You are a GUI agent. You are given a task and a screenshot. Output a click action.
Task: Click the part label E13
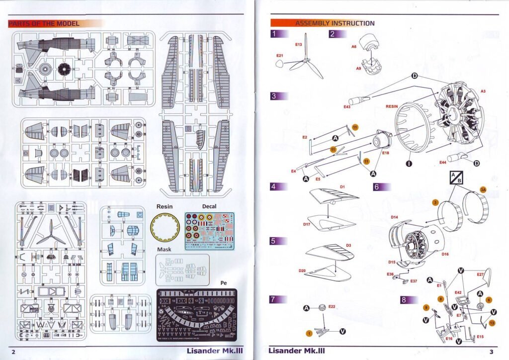coord(298,45)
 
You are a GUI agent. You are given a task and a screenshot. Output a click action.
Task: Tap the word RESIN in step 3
coord(394,106)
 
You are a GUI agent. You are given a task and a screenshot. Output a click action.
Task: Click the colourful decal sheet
coord(209,230)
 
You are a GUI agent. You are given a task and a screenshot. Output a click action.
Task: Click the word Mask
coord(164,250)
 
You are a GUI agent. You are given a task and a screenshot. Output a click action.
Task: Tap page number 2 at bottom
coord(13,352)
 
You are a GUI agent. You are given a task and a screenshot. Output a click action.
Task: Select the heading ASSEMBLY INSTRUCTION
coord(335,23)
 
